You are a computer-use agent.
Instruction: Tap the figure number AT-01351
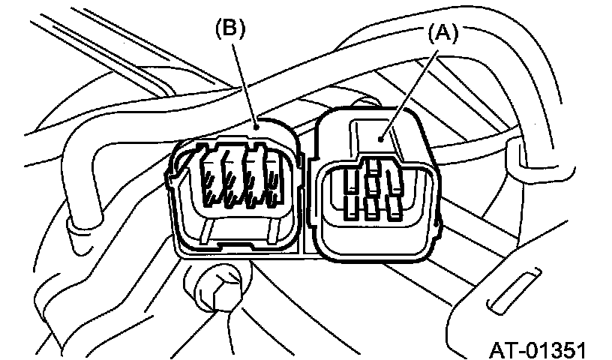538,349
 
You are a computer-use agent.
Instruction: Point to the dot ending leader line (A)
382,137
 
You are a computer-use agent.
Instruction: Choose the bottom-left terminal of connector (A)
349,205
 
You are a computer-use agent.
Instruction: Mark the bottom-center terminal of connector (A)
371,207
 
